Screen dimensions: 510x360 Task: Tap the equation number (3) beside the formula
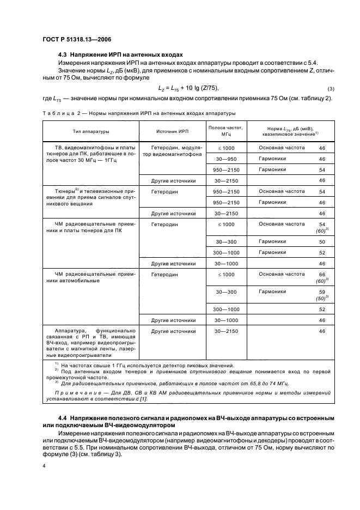330,89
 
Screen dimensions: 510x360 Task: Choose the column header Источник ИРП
172,131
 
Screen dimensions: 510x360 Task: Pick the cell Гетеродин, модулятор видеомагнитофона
172,151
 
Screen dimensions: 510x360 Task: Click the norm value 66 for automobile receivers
321,275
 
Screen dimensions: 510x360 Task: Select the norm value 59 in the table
321,292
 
